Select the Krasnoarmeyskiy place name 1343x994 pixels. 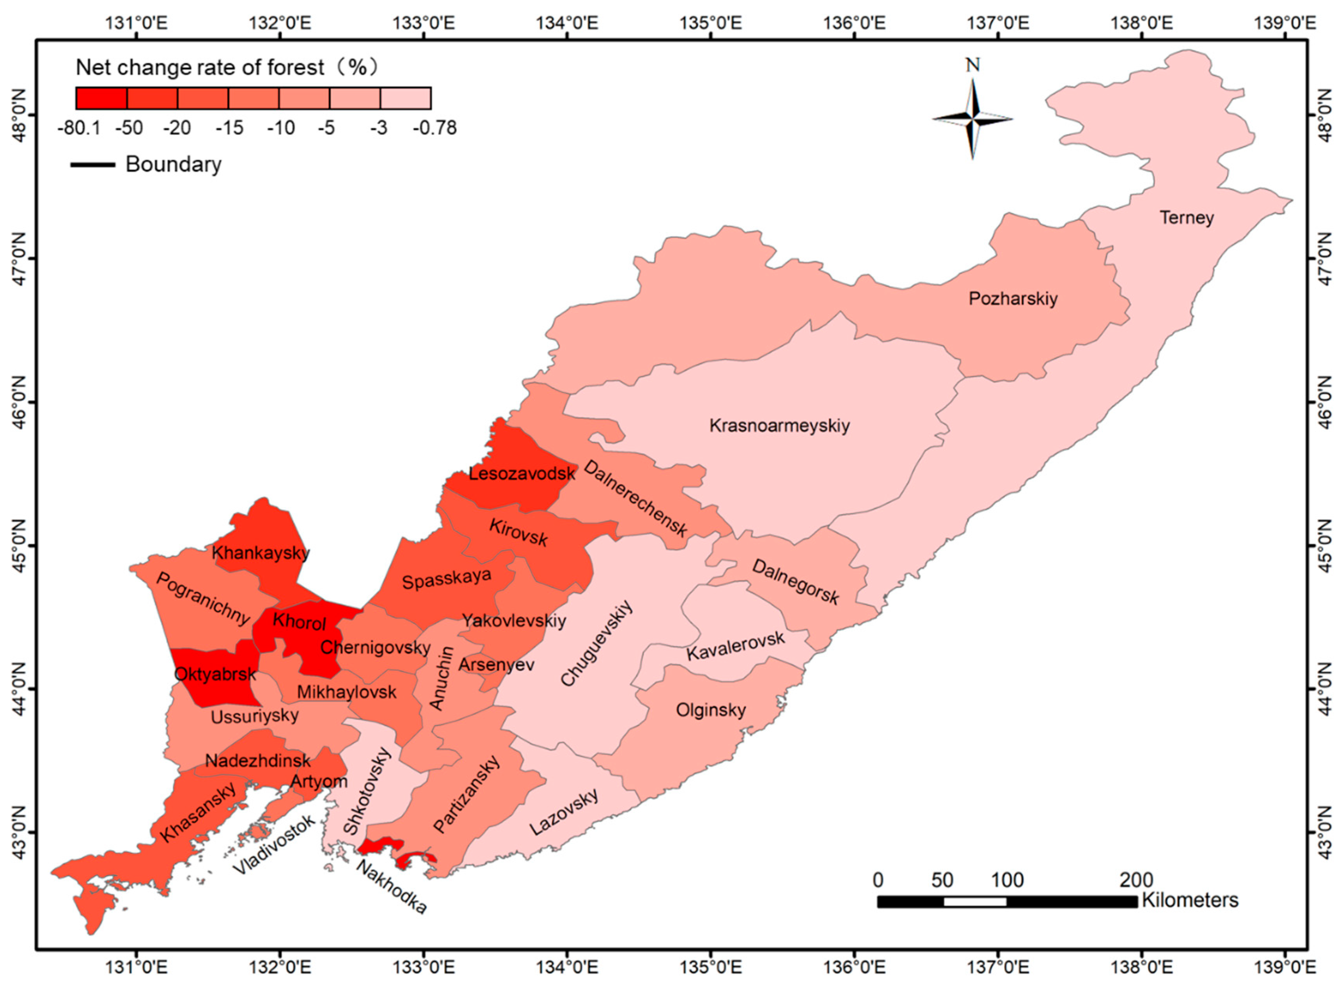click(x=779, y=425)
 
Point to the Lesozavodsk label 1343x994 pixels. click(x=522, y=473)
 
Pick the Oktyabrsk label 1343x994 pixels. click(x=215, y=674)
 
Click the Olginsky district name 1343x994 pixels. click(x=711, y=710)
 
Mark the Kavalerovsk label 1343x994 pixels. click(x=735, y=646)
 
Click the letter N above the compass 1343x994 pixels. click(x=972, y=65)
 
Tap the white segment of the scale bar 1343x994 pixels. click(x=975, y=901)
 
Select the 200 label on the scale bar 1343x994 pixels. click(x=1135, y=880)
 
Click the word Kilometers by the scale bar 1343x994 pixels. click(x=1190, y=900)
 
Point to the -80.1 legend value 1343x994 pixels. click(x=80, y=128)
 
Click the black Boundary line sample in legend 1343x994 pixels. click(x=93, y=164)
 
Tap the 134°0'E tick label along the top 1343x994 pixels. click(x=567, y=23)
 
